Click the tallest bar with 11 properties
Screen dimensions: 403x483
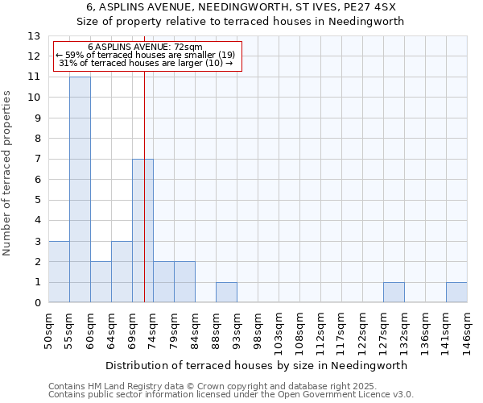pos(80,189)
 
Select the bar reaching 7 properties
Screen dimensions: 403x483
pos(142,231)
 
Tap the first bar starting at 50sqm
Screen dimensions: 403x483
pos(59,272)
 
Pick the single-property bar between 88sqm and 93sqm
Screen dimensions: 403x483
pos(226,293)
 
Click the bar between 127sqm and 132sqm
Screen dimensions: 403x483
pos(394,293)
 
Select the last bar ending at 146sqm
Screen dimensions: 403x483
pos(456,293)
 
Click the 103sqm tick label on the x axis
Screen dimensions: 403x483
pos(279,330)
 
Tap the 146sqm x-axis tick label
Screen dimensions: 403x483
pos(467,330)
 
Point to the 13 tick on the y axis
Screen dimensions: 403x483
pos(34,36)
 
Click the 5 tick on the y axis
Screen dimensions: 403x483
pos(37,200)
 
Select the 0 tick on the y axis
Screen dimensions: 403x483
pos(37,303)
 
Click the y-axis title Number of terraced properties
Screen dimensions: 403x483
pos(7,173)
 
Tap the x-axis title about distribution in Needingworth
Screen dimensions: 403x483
pos(257,365)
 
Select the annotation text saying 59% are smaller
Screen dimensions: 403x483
pos(146,55)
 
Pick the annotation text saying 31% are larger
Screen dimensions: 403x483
pos(146,63)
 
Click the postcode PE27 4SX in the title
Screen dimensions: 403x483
pos(367,7)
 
